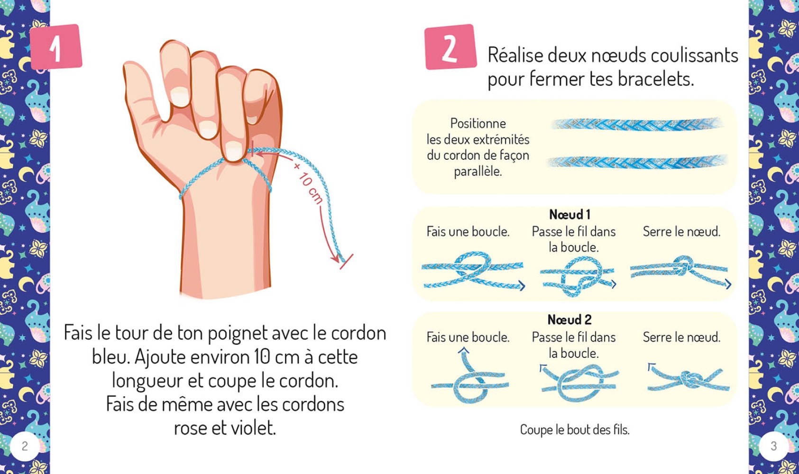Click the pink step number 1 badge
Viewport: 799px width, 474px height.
coord(56,47)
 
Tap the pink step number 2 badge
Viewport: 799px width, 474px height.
coord(450,47)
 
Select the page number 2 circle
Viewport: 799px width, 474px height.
coord(25,446)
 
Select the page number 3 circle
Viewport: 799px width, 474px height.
coord(773,446)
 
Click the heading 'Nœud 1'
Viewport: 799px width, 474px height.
coord(569,214)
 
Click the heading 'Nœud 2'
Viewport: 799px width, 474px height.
coord(569,319)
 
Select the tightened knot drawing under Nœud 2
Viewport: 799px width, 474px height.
coord(689,380)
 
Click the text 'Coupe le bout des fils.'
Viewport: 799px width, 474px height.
coord(575,429)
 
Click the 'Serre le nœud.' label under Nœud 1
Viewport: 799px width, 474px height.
coord(681,231)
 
